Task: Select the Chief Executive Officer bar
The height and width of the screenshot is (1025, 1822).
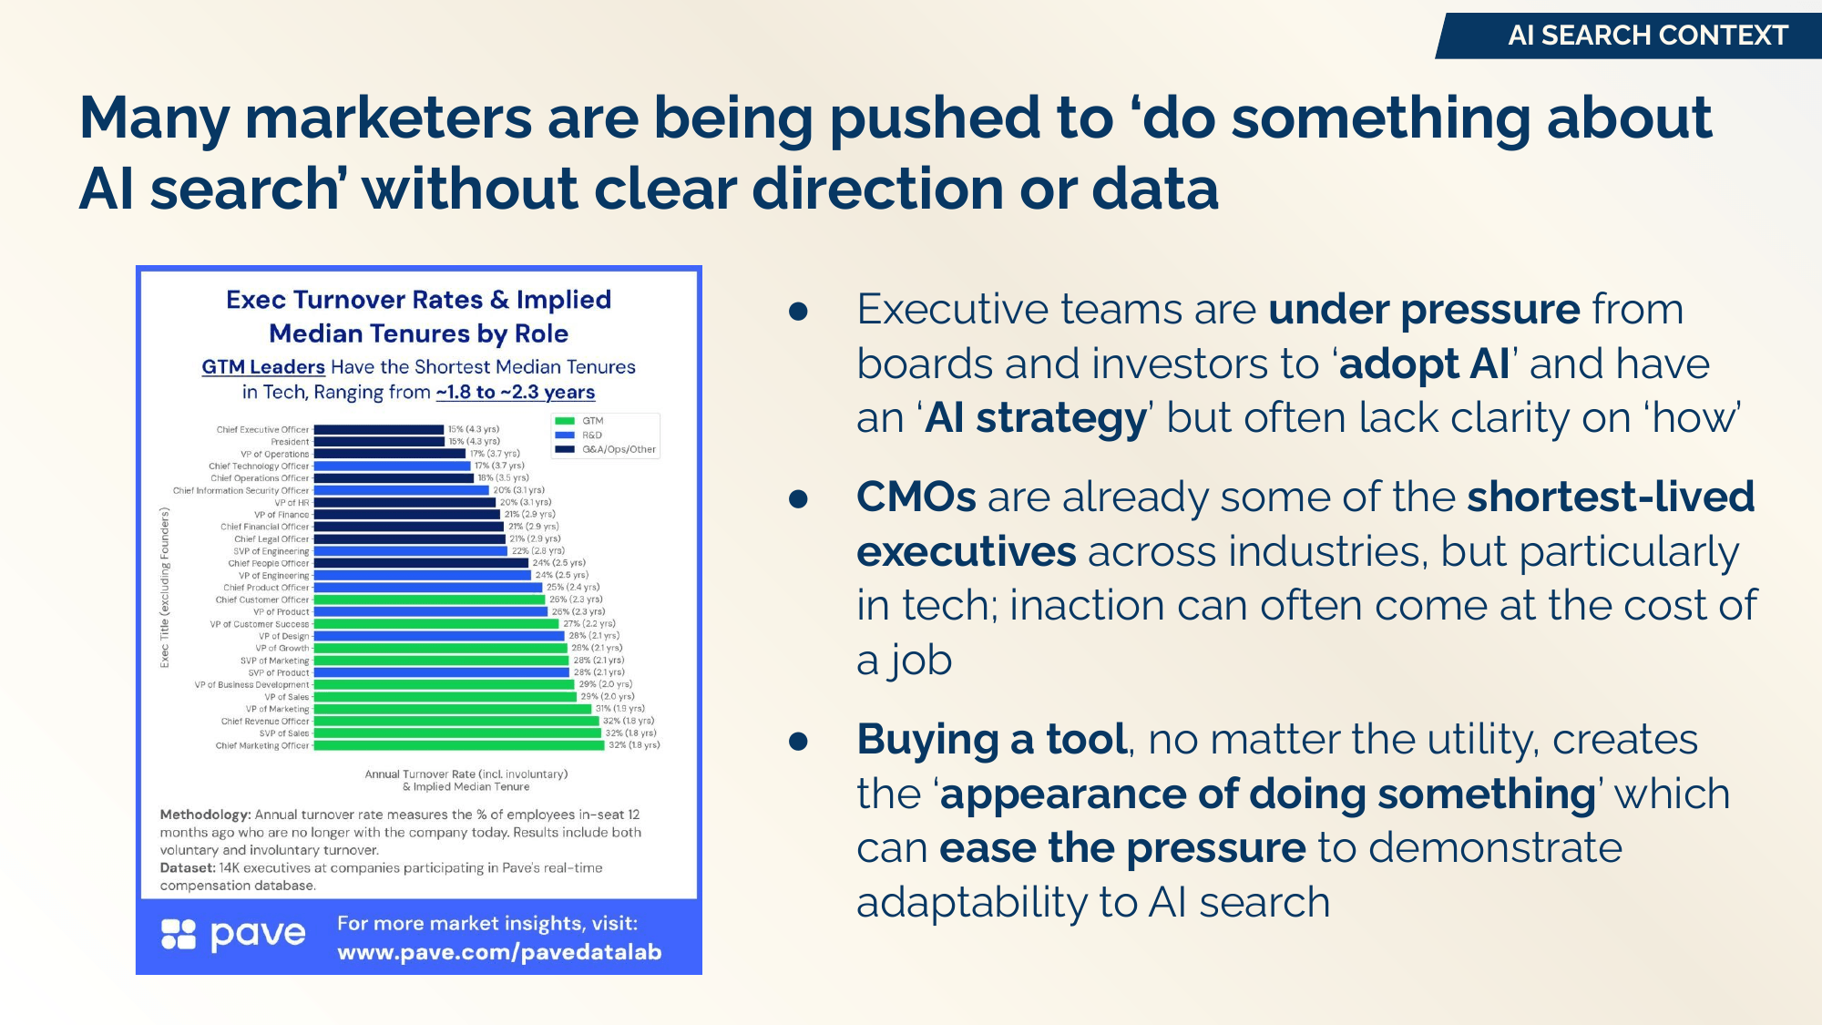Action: click(x=378, y=429)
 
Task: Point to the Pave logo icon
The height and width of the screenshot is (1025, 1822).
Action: click(x=179, y=934)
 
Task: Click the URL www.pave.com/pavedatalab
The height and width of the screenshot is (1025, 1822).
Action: click(x=499, y=952)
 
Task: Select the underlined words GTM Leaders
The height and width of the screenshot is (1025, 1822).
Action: click(x=263, y=366)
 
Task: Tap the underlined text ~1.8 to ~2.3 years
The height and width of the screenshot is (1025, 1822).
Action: click(x=515, y=393)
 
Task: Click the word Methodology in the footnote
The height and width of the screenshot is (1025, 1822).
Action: click(x=204, y=815)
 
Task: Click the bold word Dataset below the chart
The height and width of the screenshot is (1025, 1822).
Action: click(x=187, y=868)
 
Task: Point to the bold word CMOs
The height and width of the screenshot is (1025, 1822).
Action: click(x=916, y=497)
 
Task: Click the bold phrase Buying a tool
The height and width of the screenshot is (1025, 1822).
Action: click(x=991, y=740)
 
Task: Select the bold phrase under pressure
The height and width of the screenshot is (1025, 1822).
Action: click(x=1423, y=310)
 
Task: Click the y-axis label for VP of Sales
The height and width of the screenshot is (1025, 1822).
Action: click(x=287, y=697)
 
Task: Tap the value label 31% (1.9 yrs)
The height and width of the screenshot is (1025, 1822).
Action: click(x=619, y=709)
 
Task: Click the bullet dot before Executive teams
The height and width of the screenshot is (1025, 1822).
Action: click(x=799, y=312)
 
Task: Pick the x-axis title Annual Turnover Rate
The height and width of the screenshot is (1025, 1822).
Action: click(x=466, y=774)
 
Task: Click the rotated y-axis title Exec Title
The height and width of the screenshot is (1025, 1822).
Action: click(x=165, y=588)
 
